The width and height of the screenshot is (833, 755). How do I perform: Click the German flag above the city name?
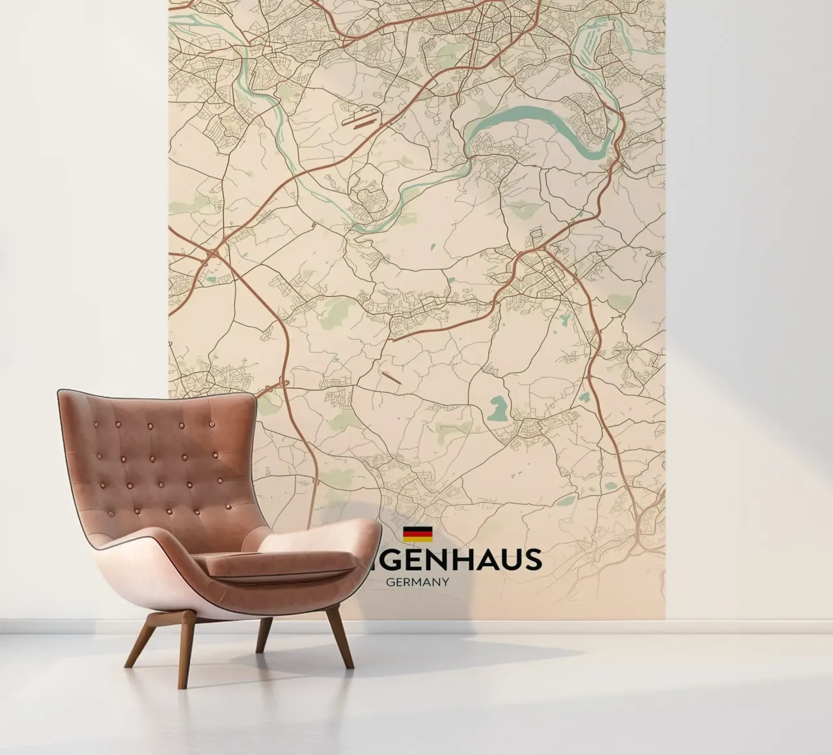point(418,534)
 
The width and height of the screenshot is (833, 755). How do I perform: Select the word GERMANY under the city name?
point(417,582)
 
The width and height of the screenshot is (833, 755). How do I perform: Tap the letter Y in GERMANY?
point(444,582)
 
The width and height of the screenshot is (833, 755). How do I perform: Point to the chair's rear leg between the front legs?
point(264,635)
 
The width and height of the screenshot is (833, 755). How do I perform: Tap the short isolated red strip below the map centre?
point(392,377)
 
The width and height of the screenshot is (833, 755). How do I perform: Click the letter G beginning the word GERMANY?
point(390,582)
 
